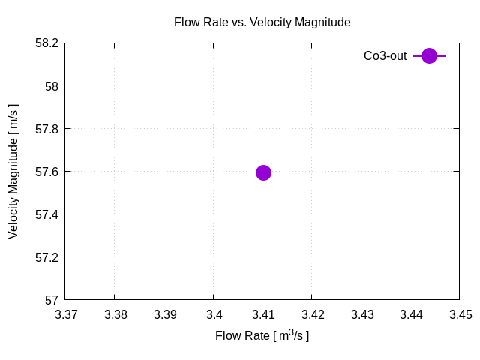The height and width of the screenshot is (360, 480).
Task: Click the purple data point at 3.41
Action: (x=263, y=172)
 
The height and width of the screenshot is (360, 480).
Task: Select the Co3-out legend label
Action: (x=385, y=56)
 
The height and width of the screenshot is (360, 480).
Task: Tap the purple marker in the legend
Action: (x=429, y=55)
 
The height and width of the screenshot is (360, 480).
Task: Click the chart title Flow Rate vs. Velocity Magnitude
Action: (x=262, y=22)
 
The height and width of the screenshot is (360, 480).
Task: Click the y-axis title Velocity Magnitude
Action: (x=13, y=171)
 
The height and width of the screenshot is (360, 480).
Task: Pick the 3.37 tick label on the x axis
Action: (x=65, y=315)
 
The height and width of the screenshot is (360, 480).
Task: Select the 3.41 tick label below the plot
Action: (x=262, y=315)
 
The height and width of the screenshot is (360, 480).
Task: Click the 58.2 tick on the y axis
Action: (x=46, y=43)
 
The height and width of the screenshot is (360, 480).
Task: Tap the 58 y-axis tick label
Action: (x=52, y=86)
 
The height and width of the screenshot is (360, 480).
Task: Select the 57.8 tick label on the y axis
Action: (x=46, y=129)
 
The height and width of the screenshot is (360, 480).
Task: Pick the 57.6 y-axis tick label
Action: (x=46, y=172)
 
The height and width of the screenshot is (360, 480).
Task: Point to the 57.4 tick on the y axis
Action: (x=46, y=214)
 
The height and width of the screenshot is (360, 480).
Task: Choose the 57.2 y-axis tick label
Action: (x=46, y=257)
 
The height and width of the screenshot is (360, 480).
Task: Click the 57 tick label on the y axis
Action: (x=52, y=300)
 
